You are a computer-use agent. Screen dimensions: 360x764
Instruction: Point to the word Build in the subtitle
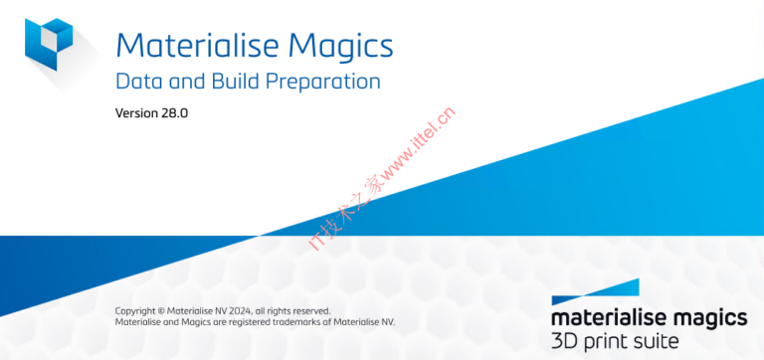pos(230,81)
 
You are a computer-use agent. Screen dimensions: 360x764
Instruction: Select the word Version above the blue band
pos(137,112)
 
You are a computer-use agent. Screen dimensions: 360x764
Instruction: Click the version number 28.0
pos(175,112)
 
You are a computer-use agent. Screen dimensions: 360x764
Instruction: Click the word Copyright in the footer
pos(136,310)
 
